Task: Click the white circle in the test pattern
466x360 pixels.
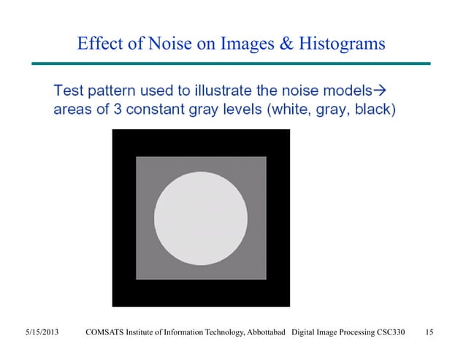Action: (x=202, y=217)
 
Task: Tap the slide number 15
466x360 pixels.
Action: (x=429, y=334)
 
